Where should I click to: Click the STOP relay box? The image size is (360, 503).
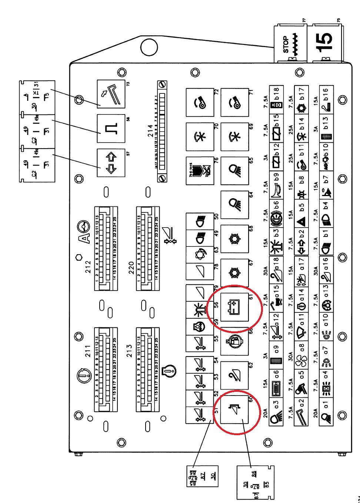point(290,44)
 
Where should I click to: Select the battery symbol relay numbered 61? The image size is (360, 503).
point(234,307)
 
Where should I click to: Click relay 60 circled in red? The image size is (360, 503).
point(234,410)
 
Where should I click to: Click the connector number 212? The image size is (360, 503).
point(88,267)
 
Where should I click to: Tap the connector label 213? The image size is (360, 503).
point(130,351)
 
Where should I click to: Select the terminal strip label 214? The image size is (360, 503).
point(150,130)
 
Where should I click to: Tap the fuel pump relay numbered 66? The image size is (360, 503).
point(234,341)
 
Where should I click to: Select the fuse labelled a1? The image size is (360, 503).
point(326,410)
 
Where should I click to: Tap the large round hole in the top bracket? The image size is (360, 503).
point(149,47)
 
